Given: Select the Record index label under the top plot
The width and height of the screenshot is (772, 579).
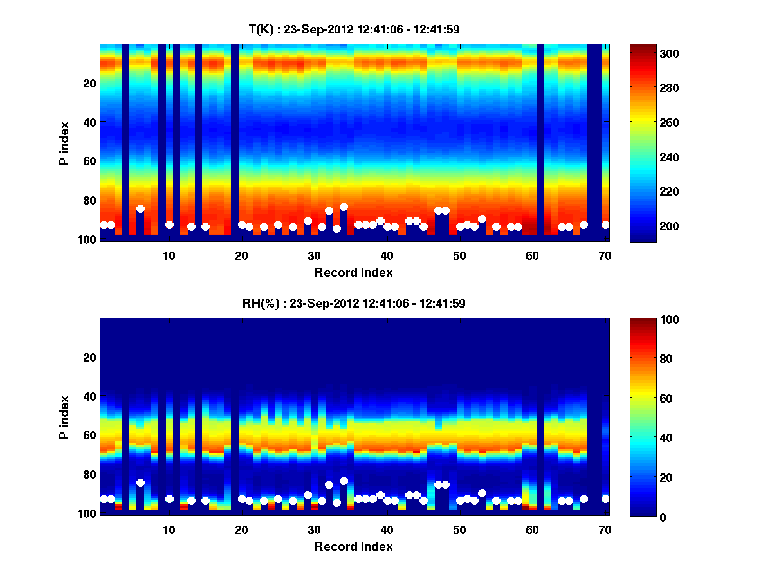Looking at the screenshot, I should point(353,272).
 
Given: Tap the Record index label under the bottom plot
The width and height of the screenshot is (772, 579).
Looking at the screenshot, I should point(353,546).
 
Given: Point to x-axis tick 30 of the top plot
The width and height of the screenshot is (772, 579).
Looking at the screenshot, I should point(314,255).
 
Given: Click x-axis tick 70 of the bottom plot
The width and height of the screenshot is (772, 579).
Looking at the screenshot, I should point(605,529).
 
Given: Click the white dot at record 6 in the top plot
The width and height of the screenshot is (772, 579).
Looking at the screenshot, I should point(140,208).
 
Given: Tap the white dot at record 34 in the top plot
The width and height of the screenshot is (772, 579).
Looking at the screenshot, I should point(344,207).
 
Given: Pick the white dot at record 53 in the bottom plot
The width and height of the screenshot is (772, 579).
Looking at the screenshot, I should point(482,492).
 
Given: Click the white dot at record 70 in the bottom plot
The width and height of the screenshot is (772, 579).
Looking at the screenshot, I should point(605,499).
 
